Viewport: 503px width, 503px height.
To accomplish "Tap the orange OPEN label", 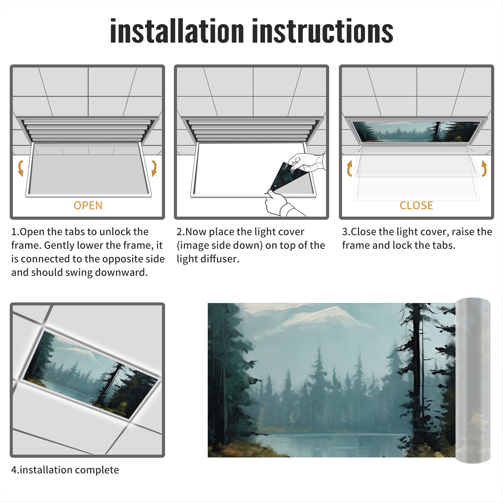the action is tap(88, 205).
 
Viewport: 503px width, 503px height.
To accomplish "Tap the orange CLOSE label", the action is tap(416, 205).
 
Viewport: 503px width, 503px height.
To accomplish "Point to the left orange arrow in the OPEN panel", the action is tap(20, 168).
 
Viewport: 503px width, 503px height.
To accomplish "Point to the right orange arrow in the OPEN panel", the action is tap(154, 168).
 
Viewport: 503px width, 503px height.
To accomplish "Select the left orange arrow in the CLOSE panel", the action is tap(349, 168).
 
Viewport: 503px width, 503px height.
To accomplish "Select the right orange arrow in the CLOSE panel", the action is tap(484, 168).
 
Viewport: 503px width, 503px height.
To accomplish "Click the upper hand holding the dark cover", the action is tap(307, 162).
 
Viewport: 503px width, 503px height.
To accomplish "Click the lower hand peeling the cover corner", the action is tap(280, 203).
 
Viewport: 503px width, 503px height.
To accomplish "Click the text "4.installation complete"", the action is tap(65, 470).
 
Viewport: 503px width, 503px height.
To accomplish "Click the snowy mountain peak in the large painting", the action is tap(327, 314).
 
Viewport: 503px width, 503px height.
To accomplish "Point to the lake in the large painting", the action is tap(333, 442).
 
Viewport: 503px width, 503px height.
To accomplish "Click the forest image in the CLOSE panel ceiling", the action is tap(417, 131).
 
